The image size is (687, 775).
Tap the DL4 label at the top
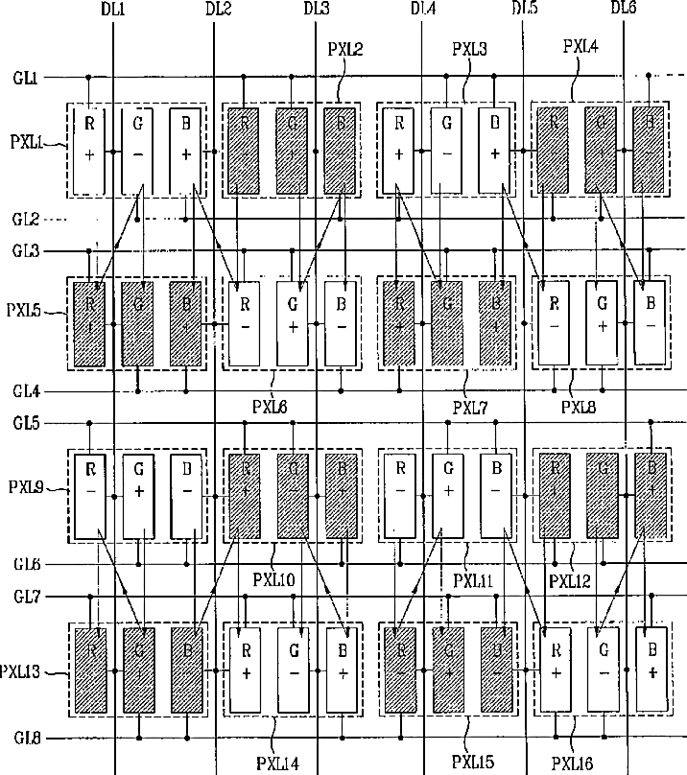[x=423, y=9]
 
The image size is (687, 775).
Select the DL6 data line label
[x=624, y=9]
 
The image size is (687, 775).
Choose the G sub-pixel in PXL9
[x=138, y=497]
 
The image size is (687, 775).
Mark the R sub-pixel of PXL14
[x=246, y=669]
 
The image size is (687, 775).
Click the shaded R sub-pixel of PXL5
[x=89, y=324]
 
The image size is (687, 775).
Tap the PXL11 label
[x=473, y=581]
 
